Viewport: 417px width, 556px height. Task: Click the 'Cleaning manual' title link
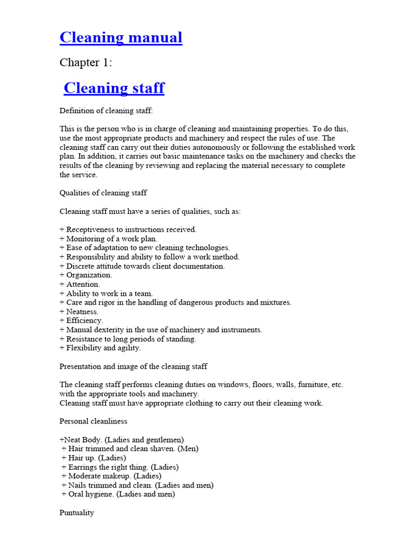(x=121, y=37)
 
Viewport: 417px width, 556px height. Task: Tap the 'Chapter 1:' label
(x=86, y=63)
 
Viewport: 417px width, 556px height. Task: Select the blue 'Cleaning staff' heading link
(x=114, y=88)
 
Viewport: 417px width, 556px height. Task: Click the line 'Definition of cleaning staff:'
(x=106, y=111)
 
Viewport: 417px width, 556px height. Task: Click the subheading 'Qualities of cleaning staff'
(x=103, y=193)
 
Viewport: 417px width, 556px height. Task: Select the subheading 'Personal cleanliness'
(x=93, y=421)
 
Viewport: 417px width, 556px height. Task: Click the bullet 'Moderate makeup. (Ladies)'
(x=111, y=476)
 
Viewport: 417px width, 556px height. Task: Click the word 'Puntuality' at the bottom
(x=77, y=513)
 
